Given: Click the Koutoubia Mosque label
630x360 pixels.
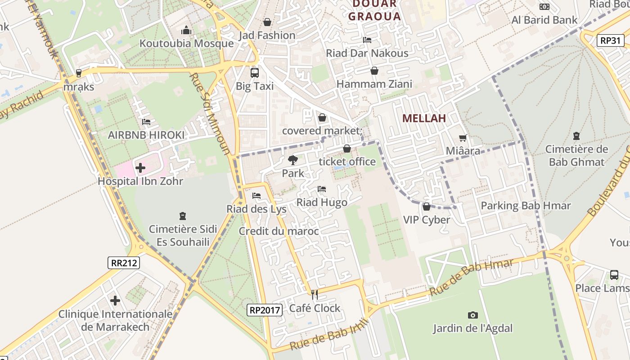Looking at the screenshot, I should [x=186, y=44].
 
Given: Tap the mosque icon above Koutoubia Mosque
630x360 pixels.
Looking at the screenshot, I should [x=186, y=30].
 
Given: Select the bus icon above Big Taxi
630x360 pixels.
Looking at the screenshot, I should [x=255, y=72].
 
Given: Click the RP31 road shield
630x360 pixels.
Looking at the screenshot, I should [x=611, y=40].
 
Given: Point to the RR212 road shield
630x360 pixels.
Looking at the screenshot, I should [x=124, y=263].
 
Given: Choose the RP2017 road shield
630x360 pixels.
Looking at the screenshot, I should [x=265, y=310].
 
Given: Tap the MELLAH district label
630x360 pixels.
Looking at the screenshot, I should [x=424, y=118].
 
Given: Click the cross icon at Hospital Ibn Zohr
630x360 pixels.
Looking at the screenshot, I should [x=140, y=168].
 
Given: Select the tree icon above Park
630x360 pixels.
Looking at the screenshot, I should [x=292, y=160].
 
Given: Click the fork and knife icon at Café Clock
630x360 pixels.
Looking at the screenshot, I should [x=315, y=295].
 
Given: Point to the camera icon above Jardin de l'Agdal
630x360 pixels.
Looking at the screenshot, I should [x=472, y=315].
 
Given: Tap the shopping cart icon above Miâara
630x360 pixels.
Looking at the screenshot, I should [x=463, y=138].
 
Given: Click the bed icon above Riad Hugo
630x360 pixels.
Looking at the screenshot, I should [x=322, y=189].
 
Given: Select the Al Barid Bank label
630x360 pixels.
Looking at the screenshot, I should [x=544, y=20].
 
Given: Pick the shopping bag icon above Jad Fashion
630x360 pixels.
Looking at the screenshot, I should [x=267, y=22].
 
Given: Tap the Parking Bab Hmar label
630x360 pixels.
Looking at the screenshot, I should [x=526, y=206].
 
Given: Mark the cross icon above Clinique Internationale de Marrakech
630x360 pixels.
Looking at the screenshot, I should [x=115, y=300].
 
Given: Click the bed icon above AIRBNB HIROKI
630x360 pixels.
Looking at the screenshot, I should [x=146, y=121].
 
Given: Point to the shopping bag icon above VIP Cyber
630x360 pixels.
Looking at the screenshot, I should [x=426, y=207].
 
